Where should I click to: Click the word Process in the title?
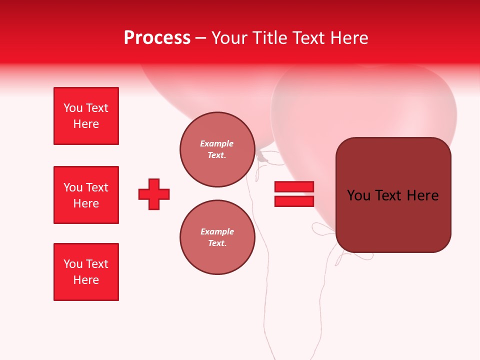click(157, 38)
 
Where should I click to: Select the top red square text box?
click(86, 116)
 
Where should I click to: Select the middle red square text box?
click(86, 195)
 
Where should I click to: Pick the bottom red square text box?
click(86, 272)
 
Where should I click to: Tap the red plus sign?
click(154, 194)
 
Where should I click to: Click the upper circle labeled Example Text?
click(217, 149)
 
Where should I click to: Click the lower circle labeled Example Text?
click(217, 237)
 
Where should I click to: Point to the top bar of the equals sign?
click(294, 186)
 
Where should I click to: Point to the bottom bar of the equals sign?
click(294, 201)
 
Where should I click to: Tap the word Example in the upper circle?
click(217, 143)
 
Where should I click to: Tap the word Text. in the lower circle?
click(217, 243)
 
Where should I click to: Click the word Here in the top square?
click(86, 124)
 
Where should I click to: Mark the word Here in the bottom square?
click(86, 280)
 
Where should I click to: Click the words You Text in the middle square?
click(86, 187)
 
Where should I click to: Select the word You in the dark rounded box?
click(358, 195)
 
